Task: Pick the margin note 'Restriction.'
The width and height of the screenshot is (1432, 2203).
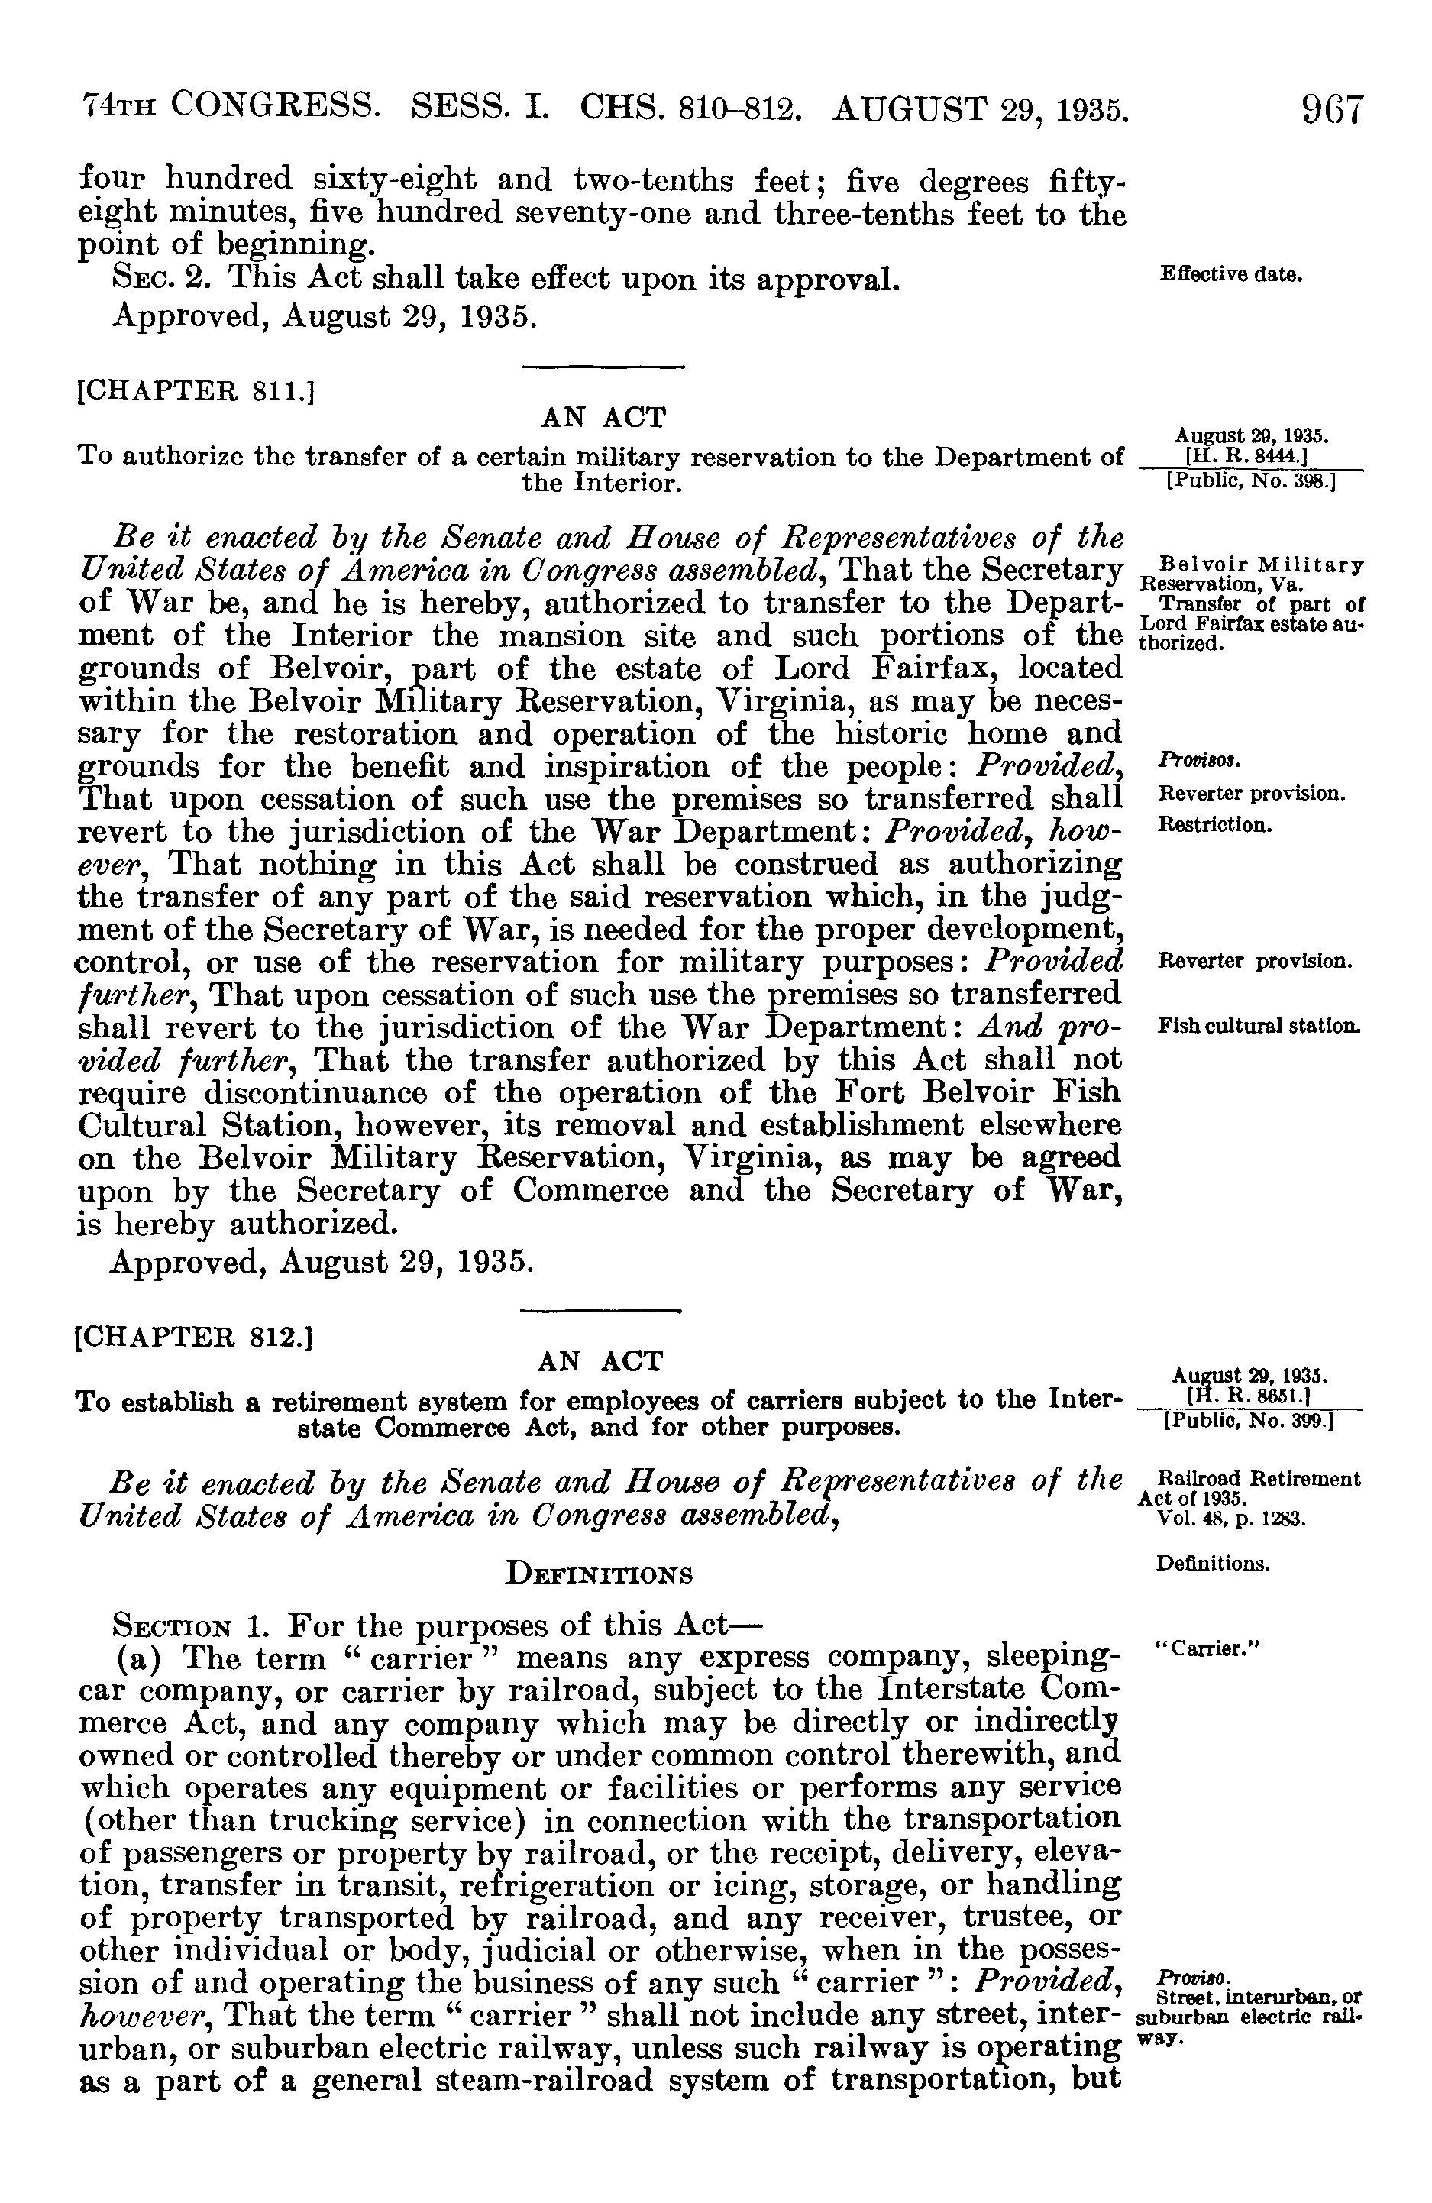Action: point(1214,823)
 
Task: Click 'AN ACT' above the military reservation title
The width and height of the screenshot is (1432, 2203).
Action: point(603,418)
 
